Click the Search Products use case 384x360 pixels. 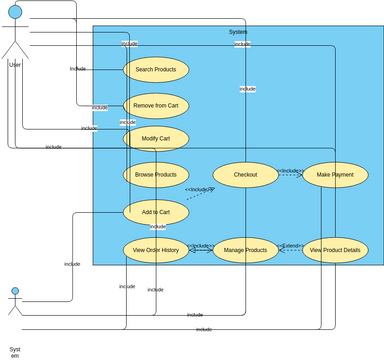[156, 69]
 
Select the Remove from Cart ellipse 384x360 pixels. [156, 105]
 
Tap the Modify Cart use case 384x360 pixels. [156, 138]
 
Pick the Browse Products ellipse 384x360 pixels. [156, 175]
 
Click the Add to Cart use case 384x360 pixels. [155, 212]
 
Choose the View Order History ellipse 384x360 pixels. [156, 250]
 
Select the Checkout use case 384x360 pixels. [246, 175]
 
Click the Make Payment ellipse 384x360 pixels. [335, 175]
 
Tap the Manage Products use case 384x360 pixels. [246, 250]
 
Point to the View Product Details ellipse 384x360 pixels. [335, 250]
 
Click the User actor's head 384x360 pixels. [14, 11]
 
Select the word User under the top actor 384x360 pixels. [14, 65]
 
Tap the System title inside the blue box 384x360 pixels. [238, 33]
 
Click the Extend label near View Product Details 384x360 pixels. [291, 245]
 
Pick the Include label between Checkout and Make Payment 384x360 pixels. [290, 171]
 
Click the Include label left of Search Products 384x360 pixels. [78, 69]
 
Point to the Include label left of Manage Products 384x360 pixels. [200, 246]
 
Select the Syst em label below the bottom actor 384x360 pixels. [14, 351]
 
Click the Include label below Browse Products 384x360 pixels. [199, 189]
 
